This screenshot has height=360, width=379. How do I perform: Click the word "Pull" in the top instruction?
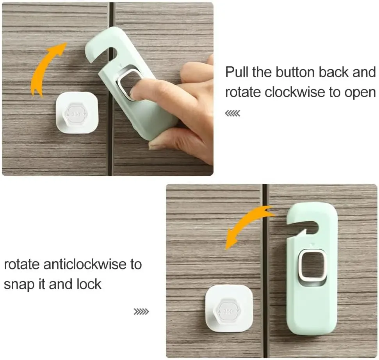pyautogui.click(x=237, y=72)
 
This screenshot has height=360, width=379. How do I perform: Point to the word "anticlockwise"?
pyautogui.click(x=85, y=264)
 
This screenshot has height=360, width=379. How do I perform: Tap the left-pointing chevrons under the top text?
pyautogui.click(x=233, y=113)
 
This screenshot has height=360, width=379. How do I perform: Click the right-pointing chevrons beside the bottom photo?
pyautogui.click(x=141, y=312)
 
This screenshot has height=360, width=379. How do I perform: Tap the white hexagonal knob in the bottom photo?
pyautogui.click(x=228, y=311)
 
